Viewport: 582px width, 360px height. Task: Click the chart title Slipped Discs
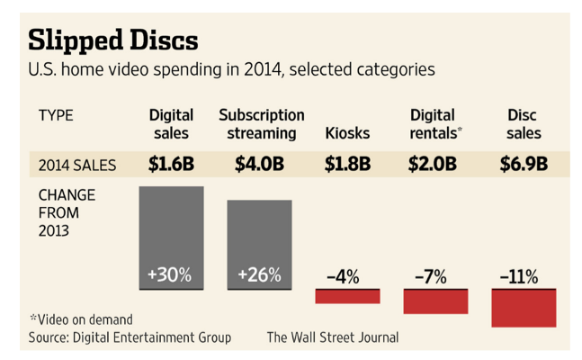113,40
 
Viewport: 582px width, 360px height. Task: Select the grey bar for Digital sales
172,229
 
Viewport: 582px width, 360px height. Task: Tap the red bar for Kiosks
347,296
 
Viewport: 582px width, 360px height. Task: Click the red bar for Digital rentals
435,301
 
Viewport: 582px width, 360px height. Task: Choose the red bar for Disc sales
524,308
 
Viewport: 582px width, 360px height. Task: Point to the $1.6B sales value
171,164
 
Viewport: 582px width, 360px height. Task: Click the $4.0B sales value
260,164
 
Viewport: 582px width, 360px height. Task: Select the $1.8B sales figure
346,164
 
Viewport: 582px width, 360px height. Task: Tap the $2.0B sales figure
434,164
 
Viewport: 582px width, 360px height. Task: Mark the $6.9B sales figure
524,164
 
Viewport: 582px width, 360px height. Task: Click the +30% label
170,275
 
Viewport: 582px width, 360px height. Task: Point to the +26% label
259,275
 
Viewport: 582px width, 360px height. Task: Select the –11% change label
521,277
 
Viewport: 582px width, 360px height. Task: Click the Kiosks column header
346,133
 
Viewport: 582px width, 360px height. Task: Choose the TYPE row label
56,115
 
